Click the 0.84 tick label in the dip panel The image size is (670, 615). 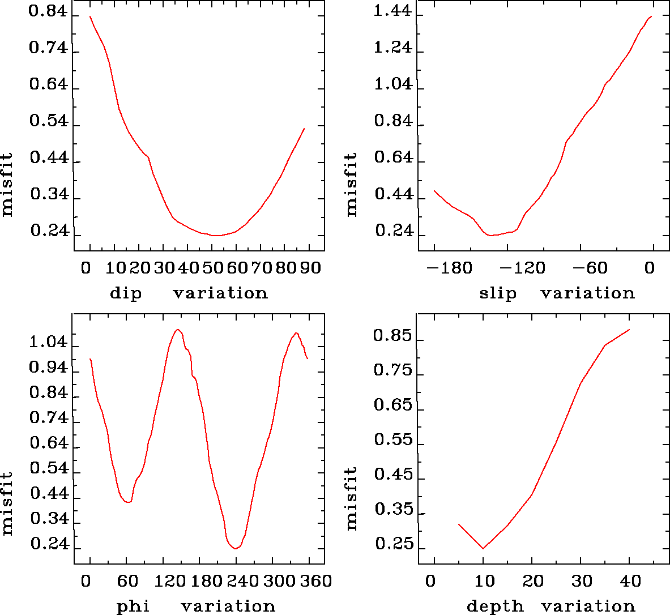tap(48, 12)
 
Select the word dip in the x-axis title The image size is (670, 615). tap(125, 293)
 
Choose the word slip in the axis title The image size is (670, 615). tap(498, 293)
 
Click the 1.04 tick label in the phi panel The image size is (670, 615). tap(48, 343)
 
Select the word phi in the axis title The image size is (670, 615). tap(133, 607)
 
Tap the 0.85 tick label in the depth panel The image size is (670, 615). tap(392, 336)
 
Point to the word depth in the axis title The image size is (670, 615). tap(495, 607)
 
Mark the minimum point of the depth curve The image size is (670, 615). tap(483, 548)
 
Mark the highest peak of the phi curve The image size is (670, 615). tap(178, 330)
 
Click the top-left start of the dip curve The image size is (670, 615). tap(90, 16)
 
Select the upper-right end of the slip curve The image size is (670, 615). tap(652, 16)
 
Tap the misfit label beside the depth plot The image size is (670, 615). tap(352, 498)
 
